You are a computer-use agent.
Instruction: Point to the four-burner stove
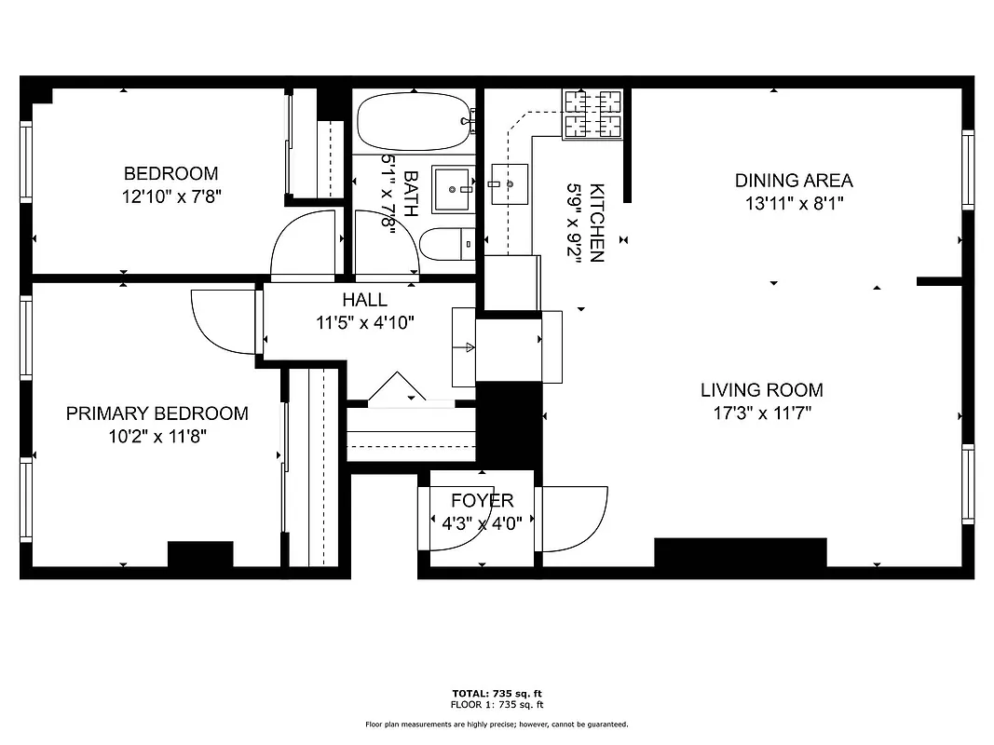click(592, 113)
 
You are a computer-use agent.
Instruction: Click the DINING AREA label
click(794, 181)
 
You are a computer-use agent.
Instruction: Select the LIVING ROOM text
click(761, 390)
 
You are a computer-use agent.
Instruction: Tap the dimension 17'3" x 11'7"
click(761, 413)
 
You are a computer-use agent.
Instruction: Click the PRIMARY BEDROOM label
click(157, 413)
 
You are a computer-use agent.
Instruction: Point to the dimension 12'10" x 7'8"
click(171, 196)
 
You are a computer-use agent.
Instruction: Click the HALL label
click(364, 300)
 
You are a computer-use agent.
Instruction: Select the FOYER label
click(482, 501)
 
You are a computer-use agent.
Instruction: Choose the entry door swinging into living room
click(572, 518)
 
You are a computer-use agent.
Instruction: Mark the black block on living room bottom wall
click(740, 552)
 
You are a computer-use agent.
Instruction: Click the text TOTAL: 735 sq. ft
click(496, 694)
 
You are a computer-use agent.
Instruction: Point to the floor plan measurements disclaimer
click(496, 724)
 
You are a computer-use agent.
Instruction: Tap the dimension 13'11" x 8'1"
click(794, 203)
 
